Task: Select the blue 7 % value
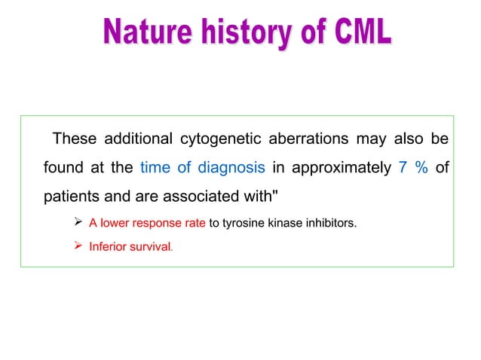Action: [412, 167]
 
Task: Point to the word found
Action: [62, 167]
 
